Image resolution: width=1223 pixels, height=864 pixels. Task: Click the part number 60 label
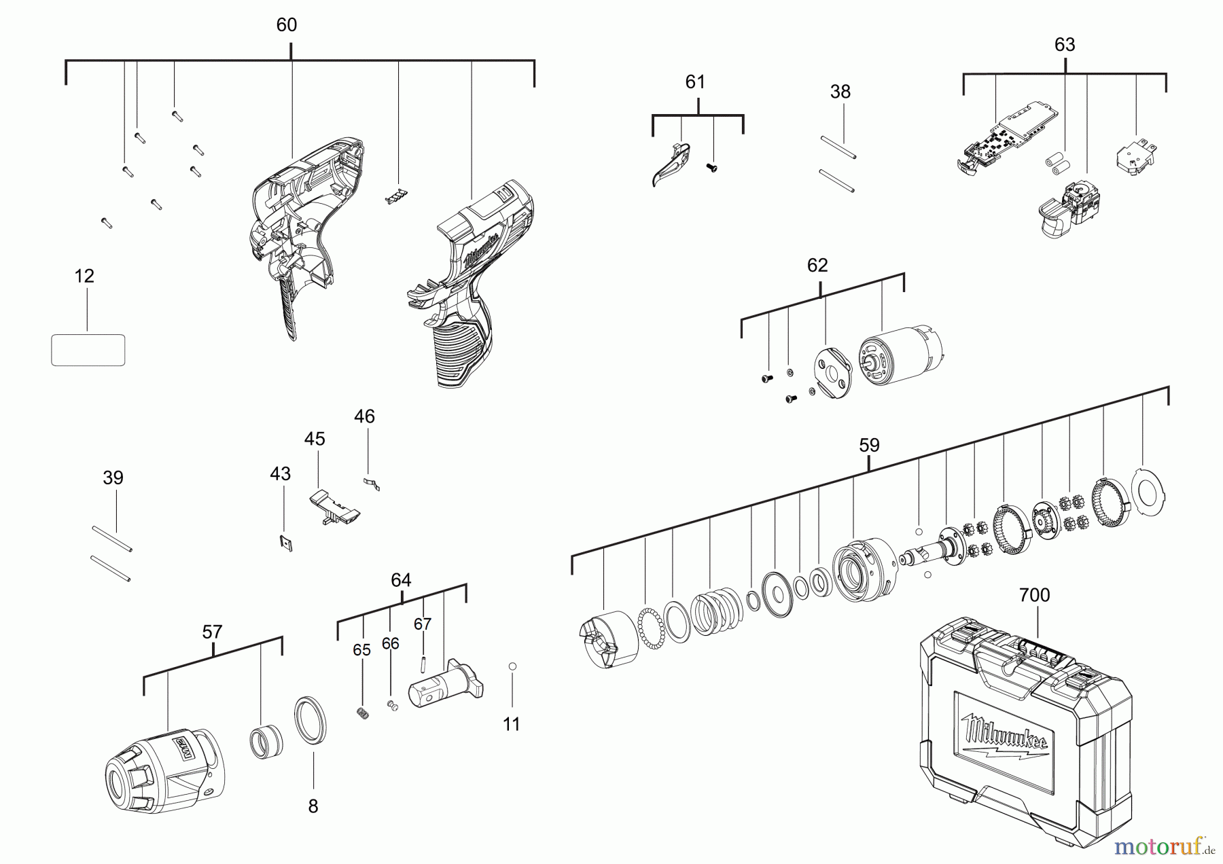pos(286,25)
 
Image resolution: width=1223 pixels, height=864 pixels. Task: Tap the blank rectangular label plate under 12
pos(88,350)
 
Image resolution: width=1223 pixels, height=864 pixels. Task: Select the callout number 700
pos(1034,595)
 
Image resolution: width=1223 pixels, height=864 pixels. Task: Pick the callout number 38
pos(840,92)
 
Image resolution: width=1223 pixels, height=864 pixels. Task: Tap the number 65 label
pos(361,650)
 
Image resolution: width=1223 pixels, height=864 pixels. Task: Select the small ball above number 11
pos(512,666)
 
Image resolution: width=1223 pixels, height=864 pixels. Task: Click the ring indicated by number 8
pos(311,719)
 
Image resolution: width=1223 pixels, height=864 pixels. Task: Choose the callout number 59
pos(869,446)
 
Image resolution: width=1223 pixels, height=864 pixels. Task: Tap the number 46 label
pos(364,416)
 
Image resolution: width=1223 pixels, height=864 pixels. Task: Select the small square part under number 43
pos(286,543)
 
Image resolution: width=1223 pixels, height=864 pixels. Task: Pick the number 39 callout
pos(113,478)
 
